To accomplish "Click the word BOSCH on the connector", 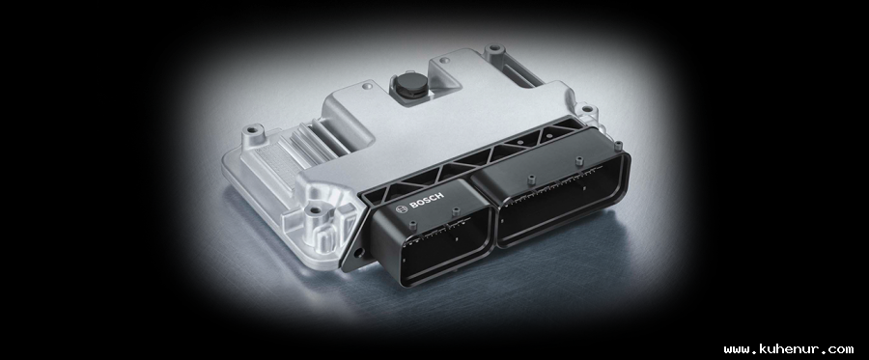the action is click(426, 201).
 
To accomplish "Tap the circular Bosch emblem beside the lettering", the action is click(402, 208).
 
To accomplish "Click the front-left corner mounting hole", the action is click(315, 211).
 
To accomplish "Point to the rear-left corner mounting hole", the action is click(253, 130).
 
